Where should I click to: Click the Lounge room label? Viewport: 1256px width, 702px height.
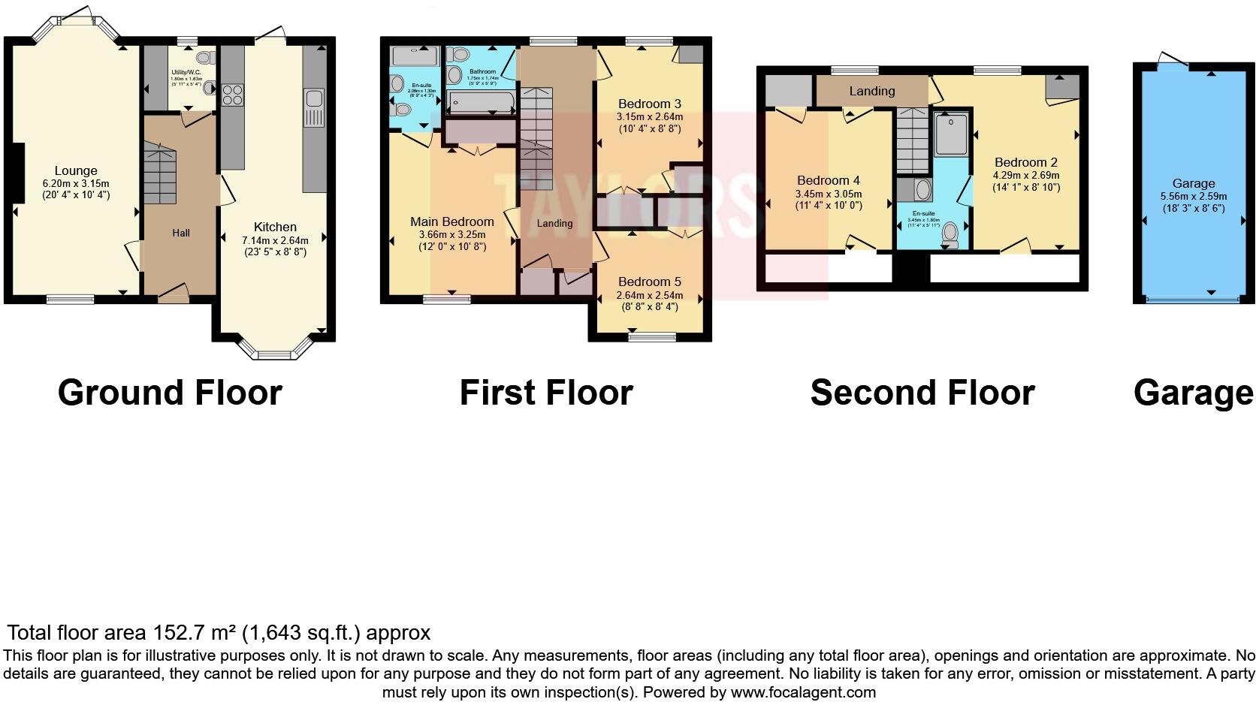click(x=76, y=170)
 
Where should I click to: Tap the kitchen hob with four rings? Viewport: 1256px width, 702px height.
click(x=232, y=95)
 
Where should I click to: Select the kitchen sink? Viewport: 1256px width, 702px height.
click(x=313, y=98)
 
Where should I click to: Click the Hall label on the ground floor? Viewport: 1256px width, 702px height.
click(x=181, y=233)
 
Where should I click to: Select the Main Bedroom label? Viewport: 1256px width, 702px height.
click(x=452, y=221)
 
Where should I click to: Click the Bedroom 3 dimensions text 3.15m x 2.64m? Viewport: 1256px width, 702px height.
click(x=650, y=117)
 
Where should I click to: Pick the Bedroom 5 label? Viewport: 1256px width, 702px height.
click(x=650, y=282)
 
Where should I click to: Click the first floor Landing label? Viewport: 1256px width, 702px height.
click(x=555, y=223)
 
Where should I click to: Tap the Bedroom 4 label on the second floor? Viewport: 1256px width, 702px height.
click(x=829, y=180)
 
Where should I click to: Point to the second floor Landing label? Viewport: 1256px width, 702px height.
click(x=872, y=91)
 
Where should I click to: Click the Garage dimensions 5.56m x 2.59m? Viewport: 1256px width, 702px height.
click(x=1194, y=196)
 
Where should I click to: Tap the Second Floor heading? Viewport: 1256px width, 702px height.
click(x=922, y=393)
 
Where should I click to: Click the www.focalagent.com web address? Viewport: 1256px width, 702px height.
click(x=802, y=692)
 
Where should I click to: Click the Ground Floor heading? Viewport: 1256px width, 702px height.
click(x=170, y=393)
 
